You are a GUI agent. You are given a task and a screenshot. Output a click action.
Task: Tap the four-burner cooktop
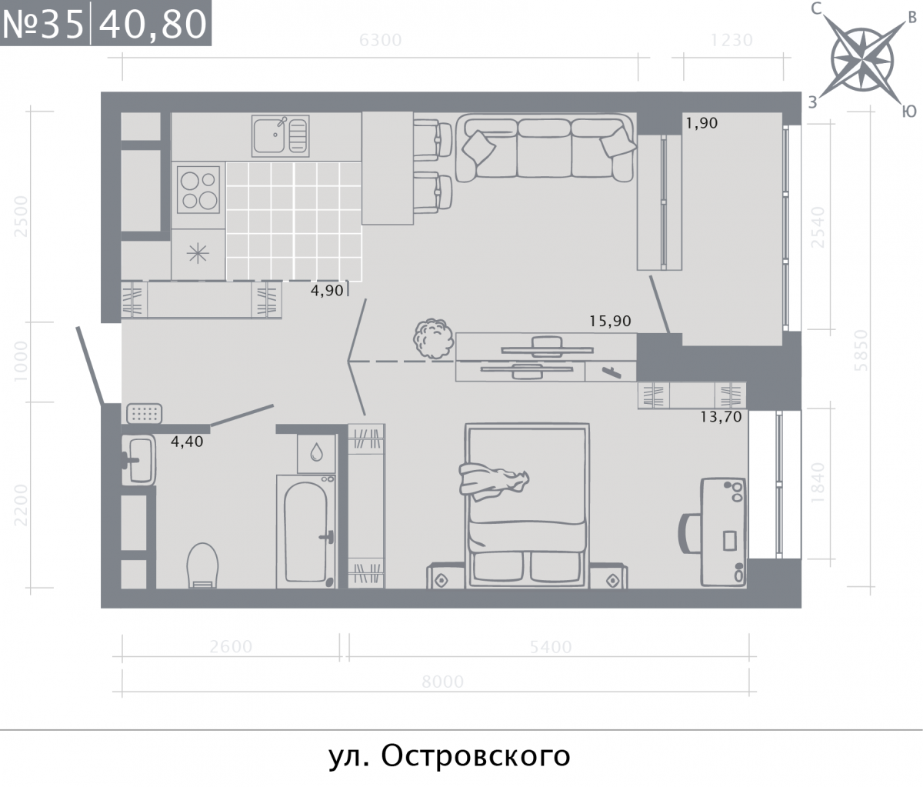tap(198, 190)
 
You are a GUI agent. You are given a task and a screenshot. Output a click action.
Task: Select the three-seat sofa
tap(545, 148)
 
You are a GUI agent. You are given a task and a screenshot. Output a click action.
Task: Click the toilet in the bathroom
tap(204, 565)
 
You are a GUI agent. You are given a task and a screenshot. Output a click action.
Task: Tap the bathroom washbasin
tap(139, 460)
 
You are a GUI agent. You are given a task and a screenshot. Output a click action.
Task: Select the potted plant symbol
tap(432, 338)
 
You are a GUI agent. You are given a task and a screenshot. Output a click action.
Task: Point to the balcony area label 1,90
tap(701, 122)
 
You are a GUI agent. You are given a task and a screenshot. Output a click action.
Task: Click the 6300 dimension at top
tap(380, 40)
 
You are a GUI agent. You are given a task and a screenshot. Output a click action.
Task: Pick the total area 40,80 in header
tap(153, 24)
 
